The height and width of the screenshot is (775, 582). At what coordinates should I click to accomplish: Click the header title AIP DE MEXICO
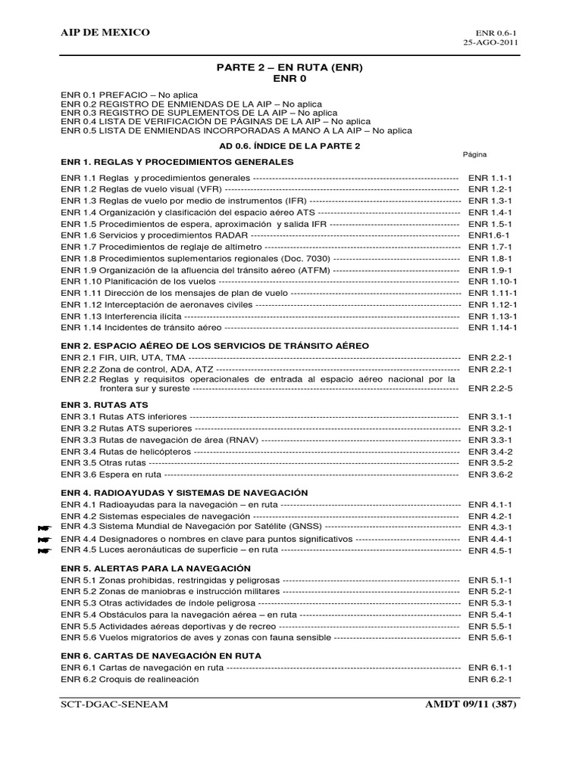[x=105, y=33]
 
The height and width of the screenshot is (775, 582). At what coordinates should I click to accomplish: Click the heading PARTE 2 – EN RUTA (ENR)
[x=290, y=67]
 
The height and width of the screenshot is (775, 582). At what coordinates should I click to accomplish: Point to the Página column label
[x=474, y=154]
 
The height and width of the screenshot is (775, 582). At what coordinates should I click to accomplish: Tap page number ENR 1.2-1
[x=490, y=188]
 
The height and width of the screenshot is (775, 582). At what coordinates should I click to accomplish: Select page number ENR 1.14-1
[x=493, y=328]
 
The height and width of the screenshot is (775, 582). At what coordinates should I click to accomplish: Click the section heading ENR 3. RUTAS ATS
[x=105, y=404]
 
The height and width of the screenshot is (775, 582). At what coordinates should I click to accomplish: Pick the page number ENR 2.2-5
[x=490, y=387]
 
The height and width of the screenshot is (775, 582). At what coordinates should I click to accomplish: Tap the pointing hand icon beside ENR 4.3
[x=43, y=527]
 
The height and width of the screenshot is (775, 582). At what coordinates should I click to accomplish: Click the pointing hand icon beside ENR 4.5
[x=43, y=551]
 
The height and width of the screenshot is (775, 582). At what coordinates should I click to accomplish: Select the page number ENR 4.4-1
[x=490, y=539]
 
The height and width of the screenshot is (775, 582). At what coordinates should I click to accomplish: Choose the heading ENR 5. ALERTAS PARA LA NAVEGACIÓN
[x=155, y=567]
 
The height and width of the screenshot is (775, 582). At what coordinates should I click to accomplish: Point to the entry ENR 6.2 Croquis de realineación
[x=130, y=679]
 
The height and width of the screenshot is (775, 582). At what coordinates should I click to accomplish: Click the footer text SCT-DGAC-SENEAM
[x=114, y=705]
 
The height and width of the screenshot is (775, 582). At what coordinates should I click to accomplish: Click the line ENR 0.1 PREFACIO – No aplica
[x=130, y=95]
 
